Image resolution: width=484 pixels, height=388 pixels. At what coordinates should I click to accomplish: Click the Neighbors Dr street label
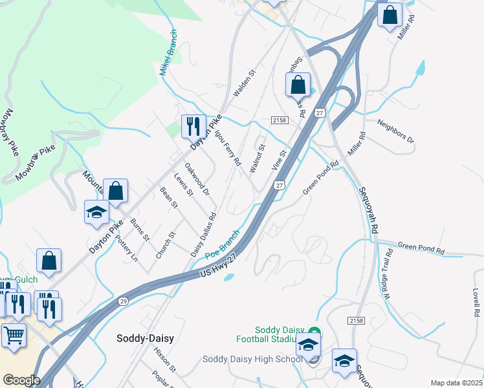pos(395,131)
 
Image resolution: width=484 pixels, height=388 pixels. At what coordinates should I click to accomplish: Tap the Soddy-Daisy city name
pos(146,338)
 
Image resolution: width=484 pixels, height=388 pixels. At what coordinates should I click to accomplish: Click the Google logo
pos(21,380)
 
